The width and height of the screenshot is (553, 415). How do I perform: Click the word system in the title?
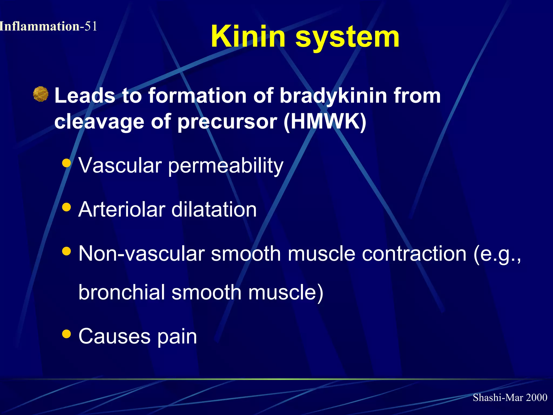[347, 38]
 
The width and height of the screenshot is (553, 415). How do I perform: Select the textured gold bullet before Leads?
[41, 94]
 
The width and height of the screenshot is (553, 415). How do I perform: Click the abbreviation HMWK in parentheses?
[325, 121]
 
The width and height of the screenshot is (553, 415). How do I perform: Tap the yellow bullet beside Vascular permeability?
[66, 163]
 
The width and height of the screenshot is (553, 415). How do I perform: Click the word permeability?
[226, 166]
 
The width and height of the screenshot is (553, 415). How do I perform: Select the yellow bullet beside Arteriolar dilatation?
[66, 207]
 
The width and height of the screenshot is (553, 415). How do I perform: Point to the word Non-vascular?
[141, 254]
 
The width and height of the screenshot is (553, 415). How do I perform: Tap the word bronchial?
[122, 292]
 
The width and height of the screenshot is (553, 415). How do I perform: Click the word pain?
[177, 337]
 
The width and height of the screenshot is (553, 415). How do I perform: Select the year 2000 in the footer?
[537, 397]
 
